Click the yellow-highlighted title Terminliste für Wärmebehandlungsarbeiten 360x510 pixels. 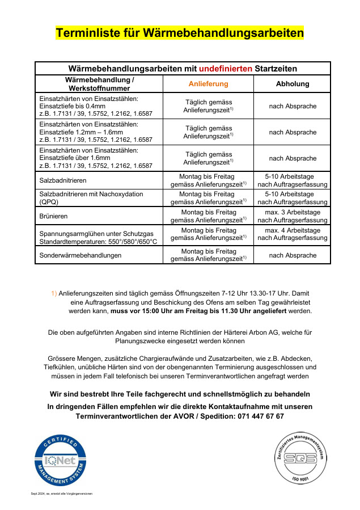[x=179, y=33]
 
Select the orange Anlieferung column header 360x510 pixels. [x=208, y=84]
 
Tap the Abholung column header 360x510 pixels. [x=292, y=84]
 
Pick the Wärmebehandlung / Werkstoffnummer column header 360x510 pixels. [x=99, y=84]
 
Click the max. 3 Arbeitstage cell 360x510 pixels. [x=292, y=216]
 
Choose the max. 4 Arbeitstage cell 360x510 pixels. [x=292, y=234]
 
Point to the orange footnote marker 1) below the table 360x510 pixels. [x=54, y=293]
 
